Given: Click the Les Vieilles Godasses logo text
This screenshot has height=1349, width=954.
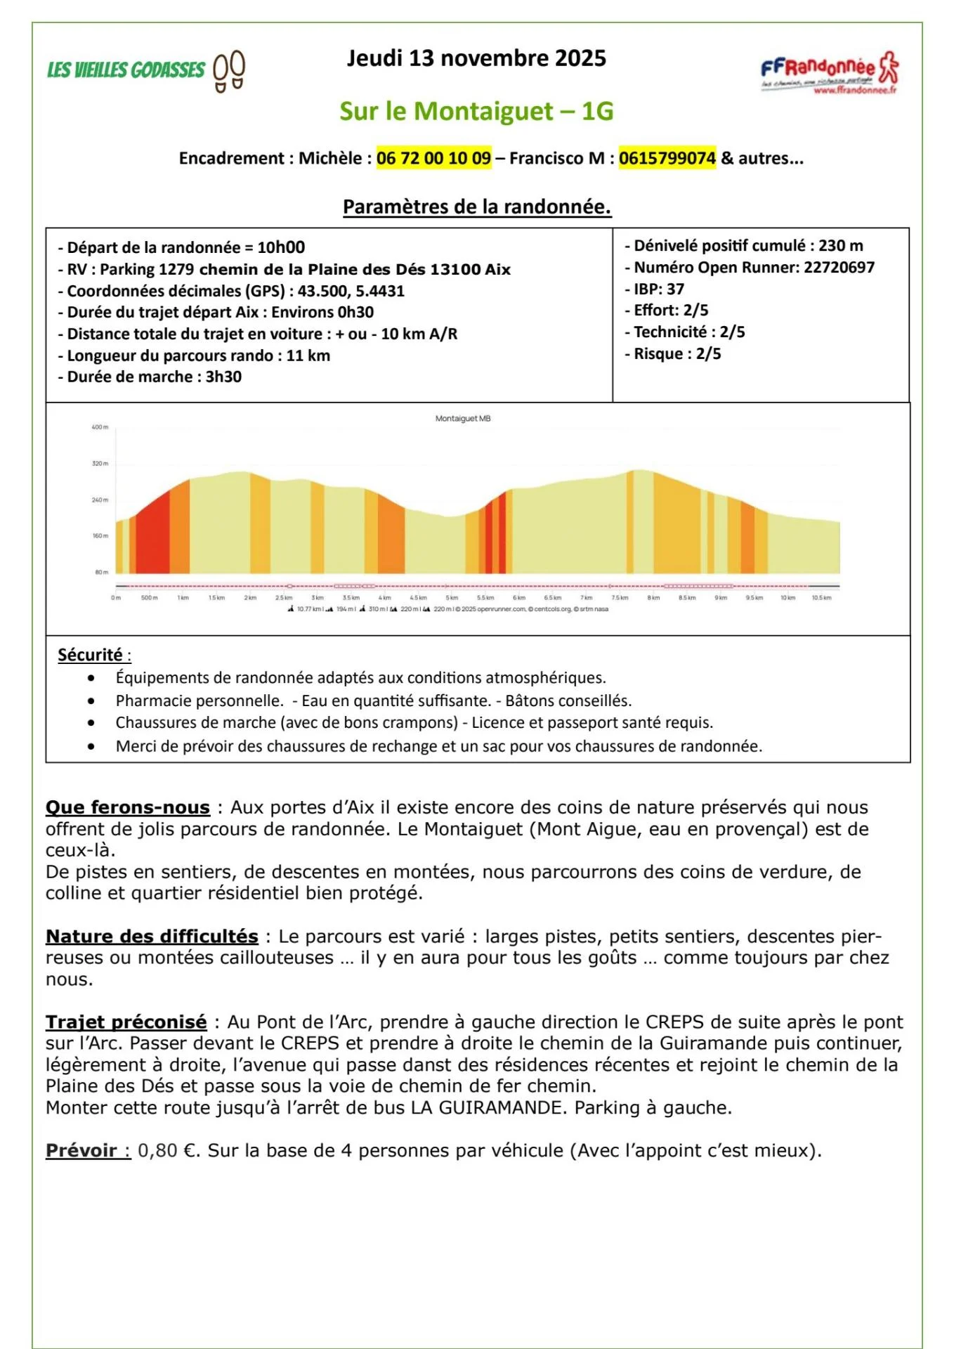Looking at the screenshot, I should click(x=126, y=70).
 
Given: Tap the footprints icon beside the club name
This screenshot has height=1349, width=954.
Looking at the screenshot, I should click(x=229, y=71).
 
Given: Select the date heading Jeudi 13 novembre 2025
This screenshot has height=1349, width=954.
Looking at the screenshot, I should click(x=476, y=58).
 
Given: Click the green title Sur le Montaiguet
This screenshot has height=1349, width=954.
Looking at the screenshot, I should click(x=476, y=111).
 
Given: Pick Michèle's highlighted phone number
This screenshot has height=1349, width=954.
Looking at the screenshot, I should click(x=433, y=158).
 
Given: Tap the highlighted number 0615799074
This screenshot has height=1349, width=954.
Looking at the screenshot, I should click(x=667, y=158).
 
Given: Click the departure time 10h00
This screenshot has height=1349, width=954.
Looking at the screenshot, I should click(x=281, y=247).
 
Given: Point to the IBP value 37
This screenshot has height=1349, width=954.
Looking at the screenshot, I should click(x=675, y=289).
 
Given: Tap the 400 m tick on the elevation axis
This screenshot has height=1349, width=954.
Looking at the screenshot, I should click(x=100, y=427).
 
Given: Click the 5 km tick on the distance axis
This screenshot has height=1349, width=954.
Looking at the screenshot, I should click(x=452, y=598).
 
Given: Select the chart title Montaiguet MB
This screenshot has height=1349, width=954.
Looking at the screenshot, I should click(x=463, y=419).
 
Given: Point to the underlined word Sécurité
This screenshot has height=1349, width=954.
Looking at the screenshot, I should click(x=90, y=655).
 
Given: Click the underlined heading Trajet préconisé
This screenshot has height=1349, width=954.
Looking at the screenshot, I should click(x=126, y=1022).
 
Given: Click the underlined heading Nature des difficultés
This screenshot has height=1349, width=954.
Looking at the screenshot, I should click(x=152, y=936).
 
